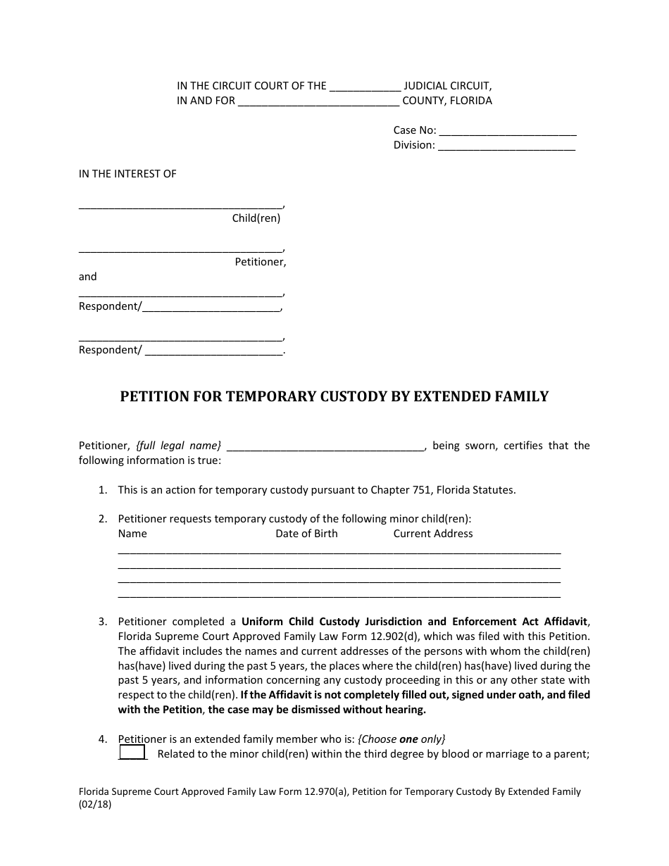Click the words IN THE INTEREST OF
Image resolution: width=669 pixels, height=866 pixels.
[127, 174]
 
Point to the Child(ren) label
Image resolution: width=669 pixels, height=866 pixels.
[256, 218]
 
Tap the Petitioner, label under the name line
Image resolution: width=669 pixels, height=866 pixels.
[261, 262]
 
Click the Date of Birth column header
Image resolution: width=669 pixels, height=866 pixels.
[306, 534]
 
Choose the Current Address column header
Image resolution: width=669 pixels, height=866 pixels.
[433, 534]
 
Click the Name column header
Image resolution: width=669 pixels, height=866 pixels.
[132, 534]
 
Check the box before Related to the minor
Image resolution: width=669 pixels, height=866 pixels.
[132, 753]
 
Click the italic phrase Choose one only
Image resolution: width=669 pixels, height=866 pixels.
[402, 739]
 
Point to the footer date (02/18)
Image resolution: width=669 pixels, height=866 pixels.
[95, 806]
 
